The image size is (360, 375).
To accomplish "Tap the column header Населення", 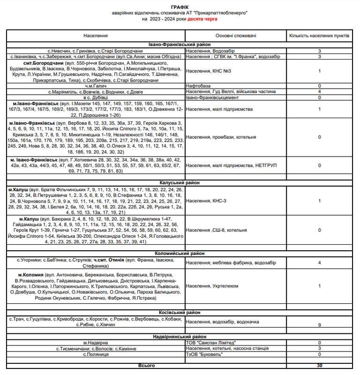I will pyautogui.click(x=96, y=36).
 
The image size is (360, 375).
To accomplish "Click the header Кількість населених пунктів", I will pyautogui.click(x=319, y=36).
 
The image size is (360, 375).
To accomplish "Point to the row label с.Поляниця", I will pyautogui.click(x=96, y=354).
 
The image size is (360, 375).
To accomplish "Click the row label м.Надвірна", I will pyautogui.click(x=96, y=343).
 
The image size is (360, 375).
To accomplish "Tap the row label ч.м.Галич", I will pyautogui.click(x=96, y=86).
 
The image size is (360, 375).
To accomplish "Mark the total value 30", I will pyautogui.click(x=319, y=365).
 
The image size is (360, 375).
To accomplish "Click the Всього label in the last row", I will pyautogui.click(x=147, y=365).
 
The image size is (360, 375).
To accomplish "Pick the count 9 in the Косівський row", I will pyautogui.click(x=319, y=324).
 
